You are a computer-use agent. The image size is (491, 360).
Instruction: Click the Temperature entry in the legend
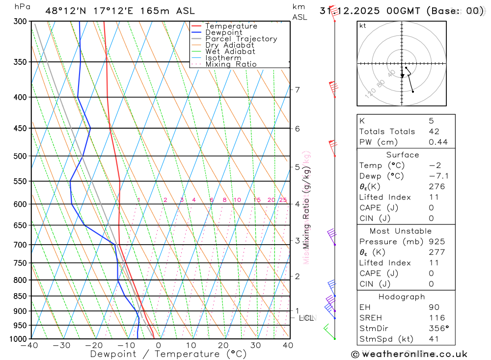[231, 26]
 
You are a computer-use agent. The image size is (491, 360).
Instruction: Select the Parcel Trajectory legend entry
[241, 39]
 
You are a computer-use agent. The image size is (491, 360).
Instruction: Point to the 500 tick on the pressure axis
[20, 156]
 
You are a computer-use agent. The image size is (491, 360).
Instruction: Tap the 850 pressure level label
[20, 296]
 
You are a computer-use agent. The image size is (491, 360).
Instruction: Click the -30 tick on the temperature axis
[62, 345]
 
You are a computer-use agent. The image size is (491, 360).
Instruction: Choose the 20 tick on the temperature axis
[223, 345]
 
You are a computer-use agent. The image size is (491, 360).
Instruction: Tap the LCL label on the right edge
[306, 318]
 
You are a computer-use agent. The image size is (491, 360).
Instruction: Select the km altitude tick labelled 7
[297, 89]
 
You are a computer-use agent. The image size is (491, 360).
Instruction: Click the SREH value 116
[436, 318]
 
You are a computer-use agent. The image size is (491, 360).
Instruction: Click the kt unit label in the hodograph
[363, 26]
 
